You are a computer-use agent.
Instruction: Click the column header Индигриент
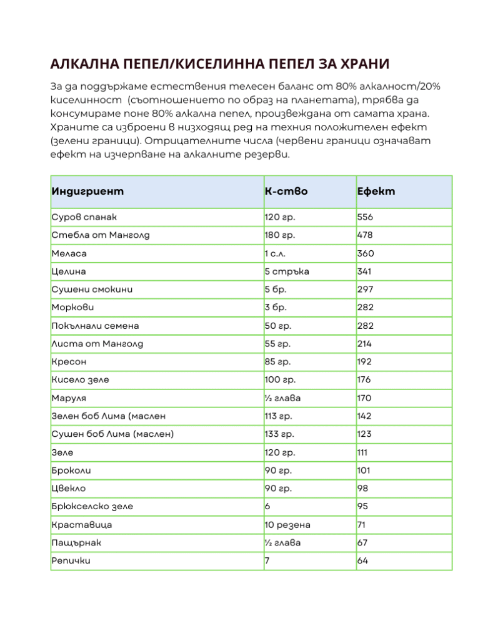pos(87,192)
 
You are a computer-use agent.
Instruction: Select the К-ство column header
pos(286,192)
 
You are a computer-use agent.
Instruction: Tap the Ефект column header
pos(376,192)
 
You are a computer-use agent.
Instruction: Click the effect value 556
pos(365,217)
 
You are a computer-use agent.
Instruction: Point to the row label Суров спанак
pos(84,217)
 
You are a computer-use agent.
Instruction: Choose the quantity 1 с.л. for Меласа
pos(277,253)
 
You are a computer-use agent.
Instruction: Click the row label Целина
pos(69,271)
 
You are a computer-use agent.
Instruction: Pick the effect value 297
pos(365,290)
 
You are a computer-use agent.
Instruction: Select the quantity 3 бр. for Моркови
pos(276,308)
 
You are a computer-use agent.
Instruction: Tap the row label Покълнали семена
pos(95,326)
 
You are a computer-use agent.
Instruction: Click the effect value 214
pos(364,344)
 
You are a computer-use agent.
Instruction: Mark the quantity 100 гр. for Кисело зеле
pos(281,380)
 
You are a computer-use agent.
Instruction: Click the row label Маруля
pos(69,398)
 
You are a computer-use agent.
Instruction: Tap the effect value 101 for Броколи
pos(364,471)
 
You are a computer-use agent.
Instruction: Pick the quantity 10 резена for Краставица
pos(287,525)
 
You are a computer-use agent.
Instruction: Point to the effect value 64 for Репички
pos(362,561)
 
